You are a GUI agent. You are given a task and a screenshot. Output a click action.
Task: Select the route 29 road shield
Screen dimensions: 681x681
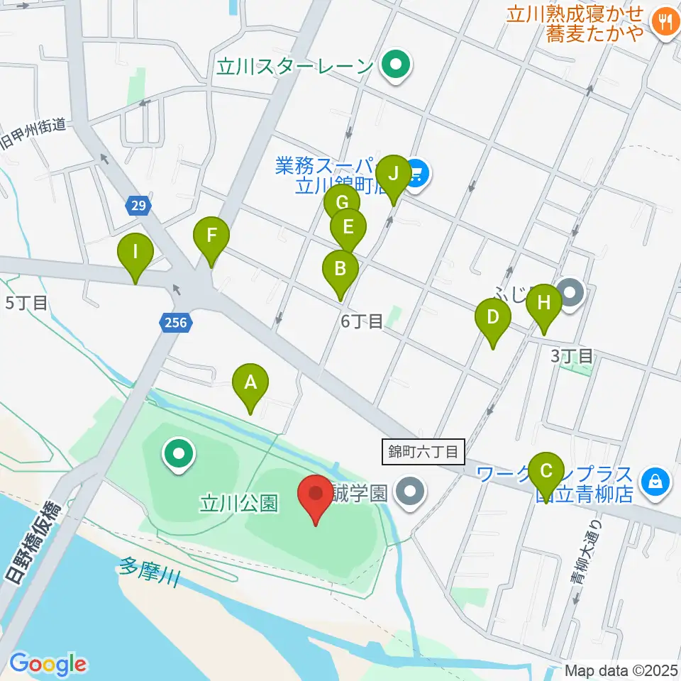[139, 206]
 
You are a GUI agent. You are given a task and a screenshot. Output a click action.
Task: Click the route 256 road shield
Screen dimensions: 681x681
[175, 323]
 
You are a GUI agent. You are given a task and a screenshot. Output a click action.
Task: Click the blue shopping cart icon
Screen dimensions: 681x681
[416, 172]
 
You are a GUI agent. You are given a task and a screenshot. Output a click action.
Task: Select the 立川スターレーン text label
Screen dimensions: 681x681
[295, 67]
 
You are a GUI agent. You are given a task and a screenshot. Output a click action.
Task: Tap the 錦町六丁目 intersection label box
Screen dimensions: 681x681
[424, 450]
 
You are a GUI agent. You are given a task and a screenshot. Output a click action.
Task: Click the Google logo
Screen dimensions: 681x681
[48, 665]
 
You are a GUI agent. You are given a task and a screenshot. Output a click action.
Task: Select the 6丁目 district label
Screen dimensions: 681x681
[362, 321]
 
